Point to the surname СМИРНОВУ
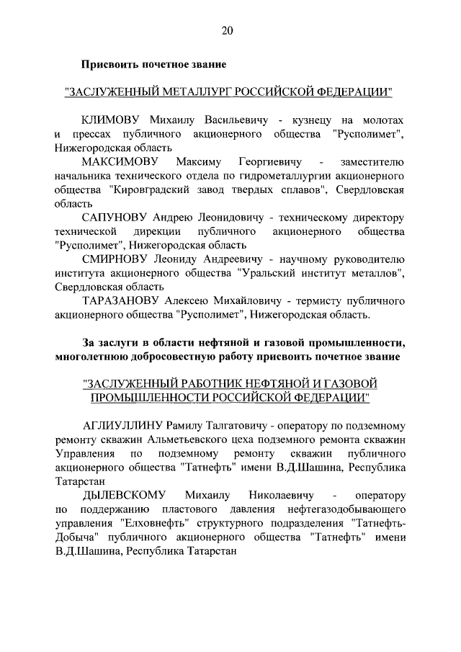tap(115, 258)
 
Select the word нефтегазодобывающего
tap(341, 509)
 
